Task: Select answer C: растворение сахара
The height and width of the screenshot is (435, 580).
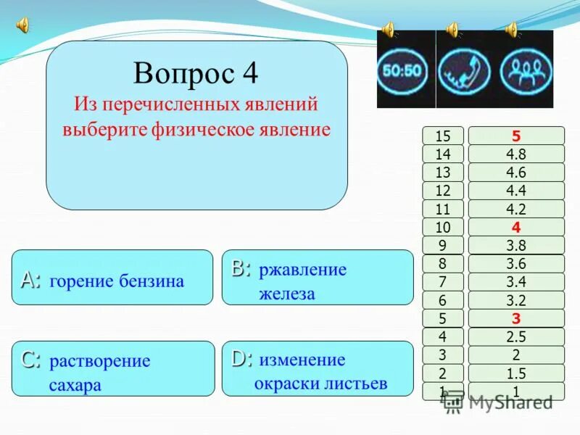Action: pyautogui.click(x=113, y=368)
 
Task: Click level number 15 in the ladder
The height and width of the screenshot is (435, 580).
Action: pyautogui.click(x=443, y=136)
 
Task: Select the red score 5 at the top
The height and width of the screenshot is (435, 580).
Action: pyautogui.click(x=515, y=136)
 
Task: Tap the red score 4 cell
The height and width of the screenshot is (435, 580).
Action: pyautogui.click(x=515, y=227)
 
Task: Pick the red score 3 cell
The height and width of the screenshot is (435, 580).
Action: pyautogui.click(x=515, y=318)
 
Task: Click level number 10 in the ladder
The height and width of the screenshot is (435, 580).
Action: pyautogui.click(x=443, y=227)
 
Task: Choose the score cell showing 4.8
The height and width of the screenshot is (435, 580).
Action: pyautogui.click(x=515, y=154)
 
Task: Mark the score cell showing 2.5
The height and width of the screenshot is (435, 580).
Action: pyautogui.click(x=515, y=336)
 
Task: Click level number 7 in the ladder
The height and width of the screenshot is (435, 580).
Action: pyautogui.click(x=443, y=282)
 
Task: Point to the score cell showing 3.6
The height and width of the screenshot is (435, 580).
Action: pyautogui.click(x=515, y=264)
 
